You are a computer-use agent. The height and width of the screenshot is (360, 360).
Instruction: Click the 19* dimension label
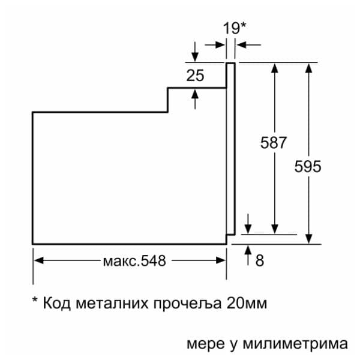(x=235, y=28)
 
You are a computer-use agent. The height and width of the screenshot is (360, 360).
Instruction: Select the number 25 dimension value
(x=195, y=76)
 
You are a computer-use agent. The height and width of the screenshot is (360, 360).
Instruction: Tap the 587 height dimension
(x=274, y=142)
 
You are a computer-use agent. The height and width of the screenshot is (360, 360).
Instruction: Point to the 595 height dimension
(x=308, y=166)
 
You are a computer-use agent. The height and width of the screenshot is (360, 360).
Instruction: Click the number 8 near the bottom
(x=260, y=260)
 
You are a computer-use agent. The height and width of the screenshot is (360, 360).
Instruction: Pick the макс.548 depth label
(x=134, y=261)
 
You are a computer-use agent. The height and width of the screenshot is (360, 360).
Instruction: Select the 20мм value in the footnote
(x=247, y=303)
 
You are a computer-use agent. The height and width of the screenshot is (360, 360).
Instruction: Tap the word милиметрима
(x=295, y=344)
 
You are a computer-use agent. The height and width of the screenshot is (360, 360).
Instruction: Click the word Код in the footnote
(x=57, y=303)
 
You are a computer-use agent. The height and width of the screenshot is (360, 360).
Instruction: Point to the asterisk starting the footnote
(x=35, y=299)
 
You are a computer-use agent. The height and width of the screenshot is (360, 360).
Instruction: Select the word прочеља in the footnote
(x=187, y=304)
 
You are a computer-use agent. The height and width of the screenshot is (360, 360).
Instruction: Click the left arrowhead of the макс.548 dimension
(x=38, y=260)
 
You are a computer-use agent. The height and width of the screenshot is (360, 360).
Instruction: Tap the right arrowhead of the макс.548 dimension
(x=221, y=260)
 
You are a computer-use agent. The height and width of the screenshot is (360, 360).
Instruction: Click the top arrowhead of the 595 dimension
(x=309, y=68)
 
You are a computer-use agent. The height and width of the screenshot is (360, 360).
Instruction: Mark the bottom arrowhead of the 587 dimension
(x=275, y=229)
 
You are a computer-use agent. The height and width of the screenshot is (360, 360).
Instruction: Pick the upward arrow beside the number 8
(x=248, y=255)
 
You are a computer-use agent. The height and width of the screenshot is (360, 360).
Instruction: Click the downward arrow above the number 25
(x=195, y=52)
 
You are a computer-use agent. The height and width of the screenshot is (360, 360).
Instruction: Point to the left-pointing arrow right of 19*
(x=248, y=45)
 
